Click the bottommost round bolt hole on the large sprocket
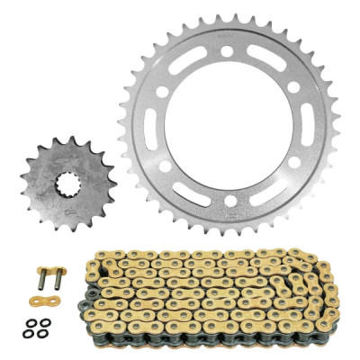[x=230, y=202]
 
